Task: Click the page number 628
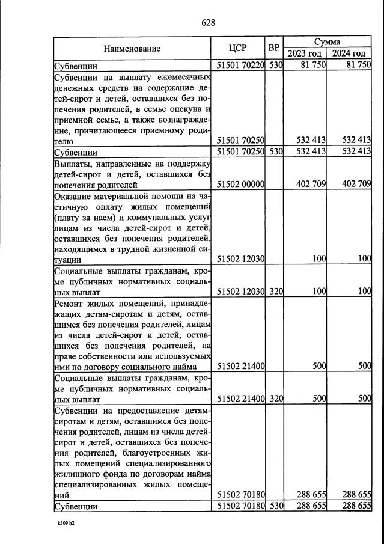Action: point(208,23)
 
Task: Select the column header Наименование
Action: point(132,49)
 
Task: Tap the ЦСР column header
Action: point(239,49)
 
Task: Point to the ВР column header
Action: point(274,49)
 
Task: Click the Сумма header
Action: point(328,43)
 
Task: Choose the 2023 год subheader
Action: point(305,54)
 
